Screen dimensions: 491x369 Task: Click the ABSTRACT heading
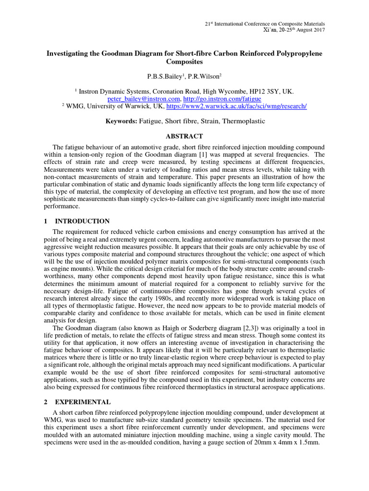click(184, 136)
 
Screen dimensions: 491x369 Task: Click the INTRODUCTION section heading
click(83, 221)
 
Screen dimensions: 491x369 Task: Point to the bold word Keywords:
click(121, 121)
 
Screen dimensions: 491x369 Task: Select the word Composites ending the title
click(184, 62)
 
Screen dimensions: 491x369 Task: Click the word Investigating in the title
click(66, 53)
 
